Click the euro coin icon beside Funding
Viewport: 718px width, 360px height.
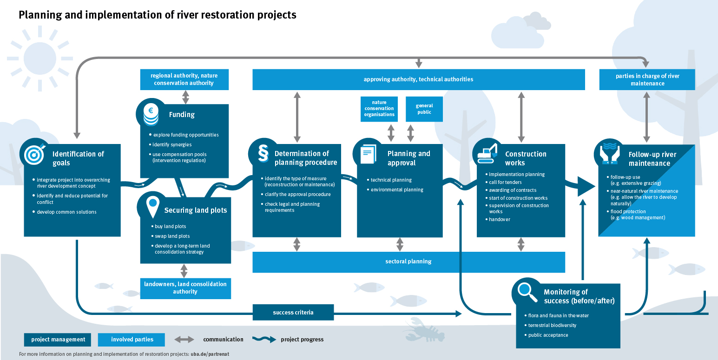click(151, 114)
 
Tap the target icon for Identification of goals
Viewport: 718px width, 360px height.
click(34, 153)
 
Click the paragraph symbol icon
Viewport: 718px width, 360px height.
click(263, 153)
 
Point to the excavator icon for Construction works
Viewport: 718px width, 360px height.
click(487, 153)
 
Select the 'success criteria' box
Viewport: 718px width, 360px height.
click(293, 313)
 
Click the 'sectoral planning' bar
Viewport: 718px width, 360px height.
click(408, 262)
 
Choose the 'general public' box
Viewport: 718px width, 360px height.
click(424, 109)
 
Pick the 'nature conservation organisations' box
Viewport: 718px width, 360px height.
click(379, 109)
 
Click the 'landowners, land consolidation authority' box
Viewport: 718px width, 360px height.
click(185, 288)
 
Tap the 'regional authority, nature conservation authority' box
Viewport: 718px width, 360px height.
click(184, 79)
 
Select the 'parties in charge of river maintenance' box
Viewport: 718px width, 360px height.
click(647, 79)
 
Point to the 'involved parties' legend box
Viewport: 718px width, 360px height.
click(132, 340)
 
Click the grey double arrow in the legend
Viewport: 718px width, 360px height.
click(184, 340)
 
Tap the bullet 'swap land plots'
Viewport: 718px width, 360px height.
click(172, 236)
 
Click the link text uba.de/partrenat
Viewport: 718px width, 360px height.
click(210, 354)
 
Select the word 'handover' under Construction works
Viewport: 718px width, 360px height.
click(499, 219)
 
